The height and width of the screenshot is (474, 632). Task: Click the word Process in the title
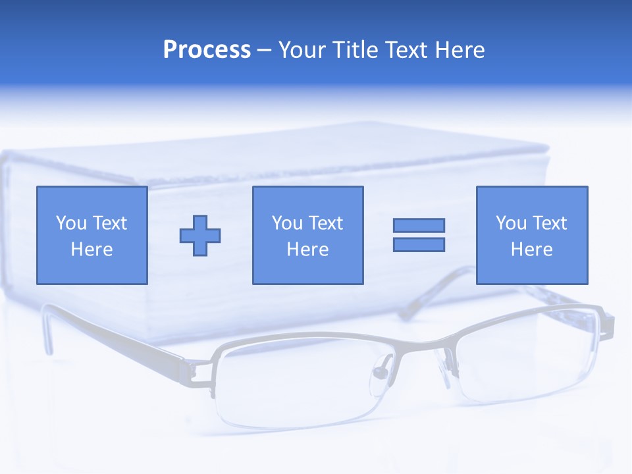pyautogui.click(x=207, y=50)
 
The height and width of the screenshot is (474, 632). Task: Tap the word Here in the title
pyautogui.click(x=460, y=50)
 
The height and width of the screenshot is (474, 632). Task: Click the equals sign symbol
pyautogui.click(x=419, y=235)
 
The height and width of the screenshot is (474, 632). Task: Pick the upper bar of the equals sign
pyautogui.click(x=419, y=226)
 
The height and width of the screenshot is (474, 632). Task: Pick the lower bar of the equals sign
pyautogui.click(x=419, y=244)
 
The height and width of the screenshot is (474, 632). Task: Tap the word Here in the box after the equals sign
pyautogui.click(x=532, y=250)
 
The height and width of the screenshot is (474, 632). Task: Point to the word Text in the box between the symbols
pyautogui.click(x=326, y=223)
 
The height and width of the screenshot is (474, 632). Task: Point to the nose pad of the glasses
pyautogui.click(x=381, y=373)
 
